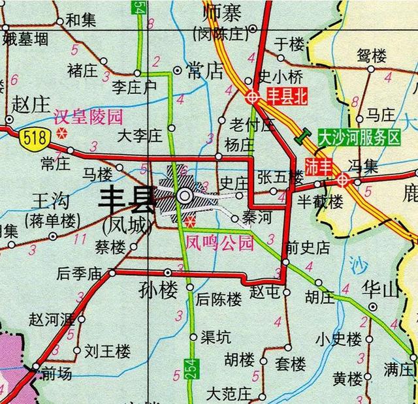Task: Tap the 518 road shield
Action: click(31, 137)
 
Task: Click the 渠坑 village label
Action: click(215, 337)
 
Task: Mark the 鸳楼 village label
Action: click(372, 55)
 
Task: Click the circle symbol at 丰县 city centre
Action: click(185, 195)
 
